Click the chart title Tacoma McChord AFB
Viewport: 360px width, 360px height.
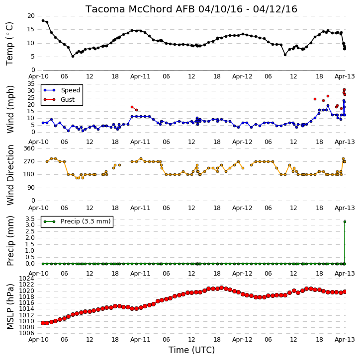pos(140,9)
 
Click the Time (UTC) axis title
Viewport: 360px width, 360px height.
pos(191,350)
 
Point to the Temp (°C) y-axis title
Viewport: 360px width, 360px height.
pos(9,44)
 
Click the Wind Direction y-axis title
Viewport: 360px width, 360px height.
pos(10,175)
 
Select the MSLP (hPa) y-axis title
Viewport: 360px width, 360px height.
pos(10,306)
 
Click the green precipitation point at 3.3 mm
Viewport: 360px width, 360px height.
pos(345,222)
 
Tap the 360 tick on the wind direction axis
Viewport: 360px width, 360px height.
pos(29,148)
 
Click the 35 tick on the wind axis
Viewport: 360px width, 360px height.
pos(31,84)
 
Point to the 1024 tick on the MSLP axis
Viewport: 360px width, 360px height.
pos(26,279)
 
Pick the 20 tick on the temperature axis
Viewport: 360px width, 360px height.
pos(31,16)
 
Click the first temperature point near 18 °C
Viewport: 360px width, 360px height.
pos(43,21)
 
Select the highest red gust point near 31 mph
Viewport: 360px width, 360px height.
pos(345,90)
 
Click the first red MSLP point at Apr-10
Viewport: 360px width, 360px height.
pos(43,323)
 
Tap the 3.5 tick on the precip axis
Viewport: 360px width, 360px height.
pos(30,218)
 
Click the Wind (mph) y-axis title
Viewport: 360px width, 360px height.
pos(10,109)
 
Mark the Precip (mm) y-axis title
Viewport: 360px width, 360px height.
pos(10,241)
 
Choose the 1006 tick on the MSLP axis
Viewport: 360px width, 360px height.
pos(26,333)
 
